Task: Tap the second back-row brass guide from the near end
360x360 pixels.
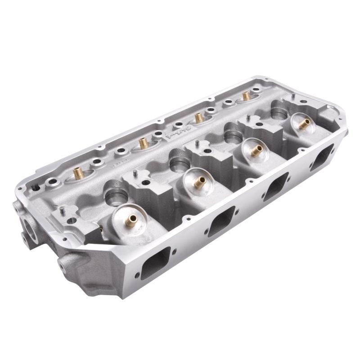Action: [143, 143]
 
